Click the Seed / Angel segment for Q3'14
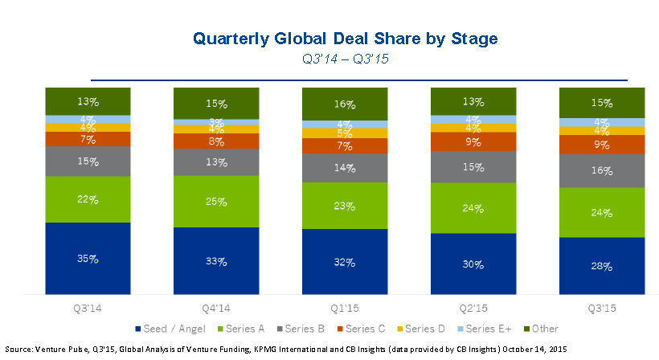[x=88, y=259]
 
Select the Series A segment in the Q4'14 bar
[x=216, y=201]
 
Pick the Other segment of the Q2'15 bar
[x=473, y=101]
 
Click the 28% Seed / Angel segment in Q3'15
[x=602, y=266]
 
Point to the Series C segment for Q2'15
[x=473, y=141]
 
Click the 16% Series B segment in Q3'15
[x=602, y=170]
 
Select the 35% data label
[x=88, y=259]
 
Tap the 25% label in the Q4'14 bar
[x=217, y=201]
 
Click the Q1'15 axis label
[x=345, y=308]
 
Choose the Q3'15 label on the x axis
[x=602, y=308]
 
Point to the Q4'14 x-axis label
[x=216, y=308]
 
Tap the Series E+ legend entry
[x=485, y=328]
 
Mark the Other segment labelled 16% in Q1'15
[x=345, y=104]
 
